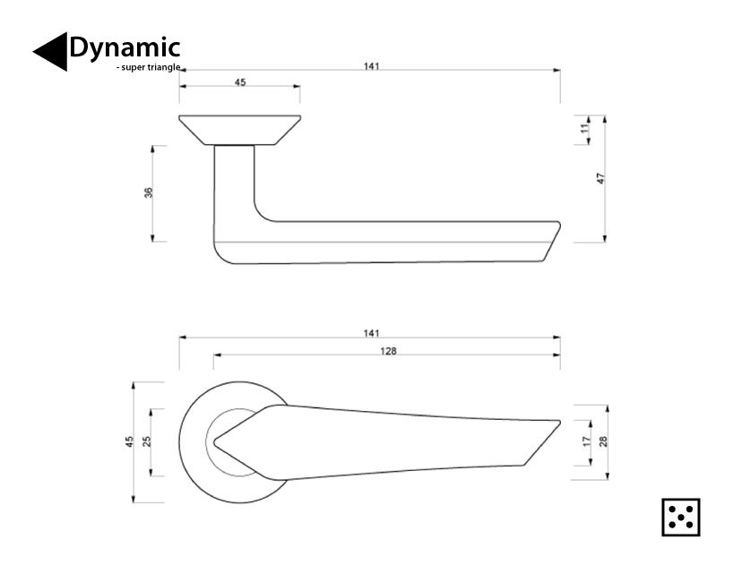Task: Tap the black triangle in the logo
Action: pyautogui.click(x=51, y=52)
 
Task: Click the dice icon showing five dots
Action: pyautogui.click(x=680, y=517)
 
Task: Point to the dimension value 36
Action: pyautogui.click(x=149, y=193)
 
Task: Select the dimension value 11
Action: pyautogui.click(x=584, y=129)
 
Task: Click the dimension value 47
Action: pyautogui.click(x=601, y=178)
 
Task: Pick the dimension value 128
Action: pyautogui.click(x=388, y=351)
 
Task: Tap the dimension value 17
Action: pyautogui.click(x=586, y=441)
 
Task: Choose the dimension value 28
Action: pyautogui.click(x=603, y=441)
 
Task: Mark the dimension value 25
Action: pyautogui.click(x=147, y=441)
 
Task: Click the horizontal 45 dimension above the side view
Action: pyautogui.click(x=240, y=82)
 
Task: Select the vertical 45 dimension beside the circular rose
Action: pyautogui.click(x=129, y=441)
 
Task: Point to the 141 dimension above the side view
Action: pyautogui.click(x=371, y=65)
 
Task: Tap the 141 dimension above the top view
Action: pyautogui.click(x=371, y=333)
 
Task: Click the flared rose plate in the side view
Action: pyautogui.click(x=239, y=129)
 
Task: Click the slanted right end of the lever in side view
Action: pyautogui.click(x=550, y=242)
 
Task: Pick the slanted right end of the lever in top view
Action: pyautogui.click(x=541, y=442)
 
